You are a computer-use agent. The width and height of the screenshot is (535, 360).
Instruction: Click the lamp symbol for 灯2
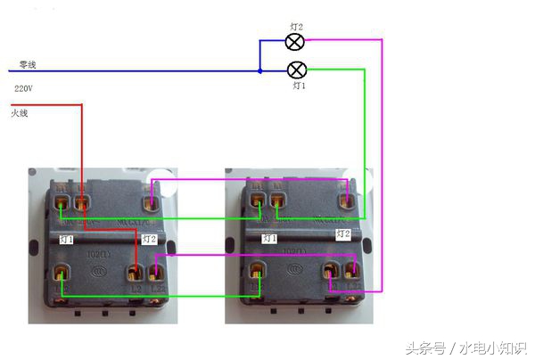coord(295,42)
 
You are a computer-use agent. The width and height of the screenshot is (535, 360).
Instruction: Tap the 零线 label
coord(28,66)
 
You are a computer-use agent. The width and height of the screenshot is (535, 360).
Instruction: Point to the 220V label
coord(24,89)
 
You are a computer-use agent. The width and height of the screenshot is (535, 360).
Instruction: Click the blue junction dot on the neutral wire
coord(259,70)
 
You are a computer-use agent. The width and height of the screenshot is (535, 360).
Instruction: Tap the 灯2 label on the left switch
coord(149,240)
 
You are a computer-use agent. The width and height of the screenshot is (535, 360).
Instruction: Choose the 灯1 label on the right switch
coord(268,239)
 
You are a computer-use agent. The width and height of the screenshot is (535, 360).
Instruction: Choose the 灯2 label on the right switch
coord(343,233)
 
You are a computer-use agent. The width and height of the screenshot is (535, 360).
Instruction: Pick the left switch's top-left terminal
coord(62,203)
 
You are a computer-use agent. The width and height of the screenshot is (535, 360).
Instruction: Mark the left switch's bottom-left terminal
coord(62,275)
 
